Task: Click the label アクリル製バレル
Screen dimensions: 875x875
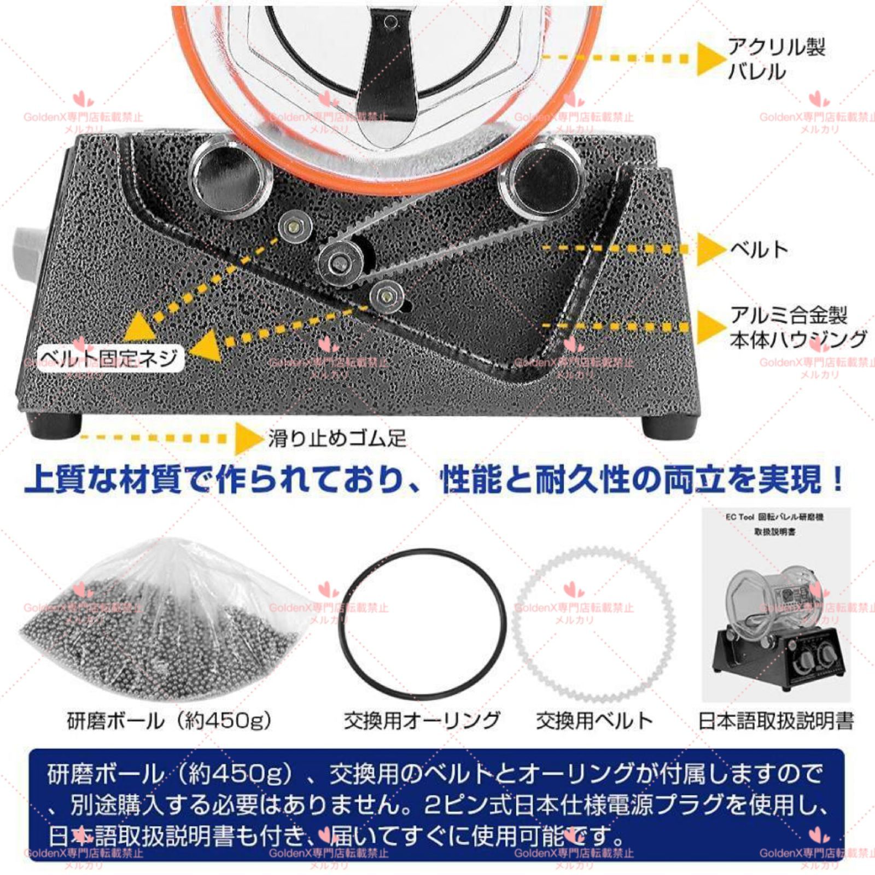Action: (775, 59)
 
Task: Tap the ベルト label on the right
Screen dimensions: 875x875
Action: (759, 249)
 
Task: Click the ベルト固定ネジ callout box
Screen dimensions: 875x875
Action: (110, 359)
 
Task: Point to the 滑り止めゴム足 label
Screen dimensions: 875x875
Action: (337, 439)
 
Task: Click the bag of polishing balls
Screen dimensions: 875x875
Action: (164, 623)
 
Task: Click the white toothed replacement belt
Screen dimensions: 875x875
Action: (594, 623)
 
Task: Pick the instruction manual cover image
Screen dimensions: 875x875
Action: (776, 604)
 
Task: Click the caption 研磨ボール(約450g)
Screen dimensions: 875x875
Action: (169, 721)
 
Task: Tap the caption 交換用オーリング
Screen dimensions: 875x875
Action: (422, 721)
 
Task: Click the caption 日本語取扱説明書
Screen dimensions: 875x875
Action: (776, 721)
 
